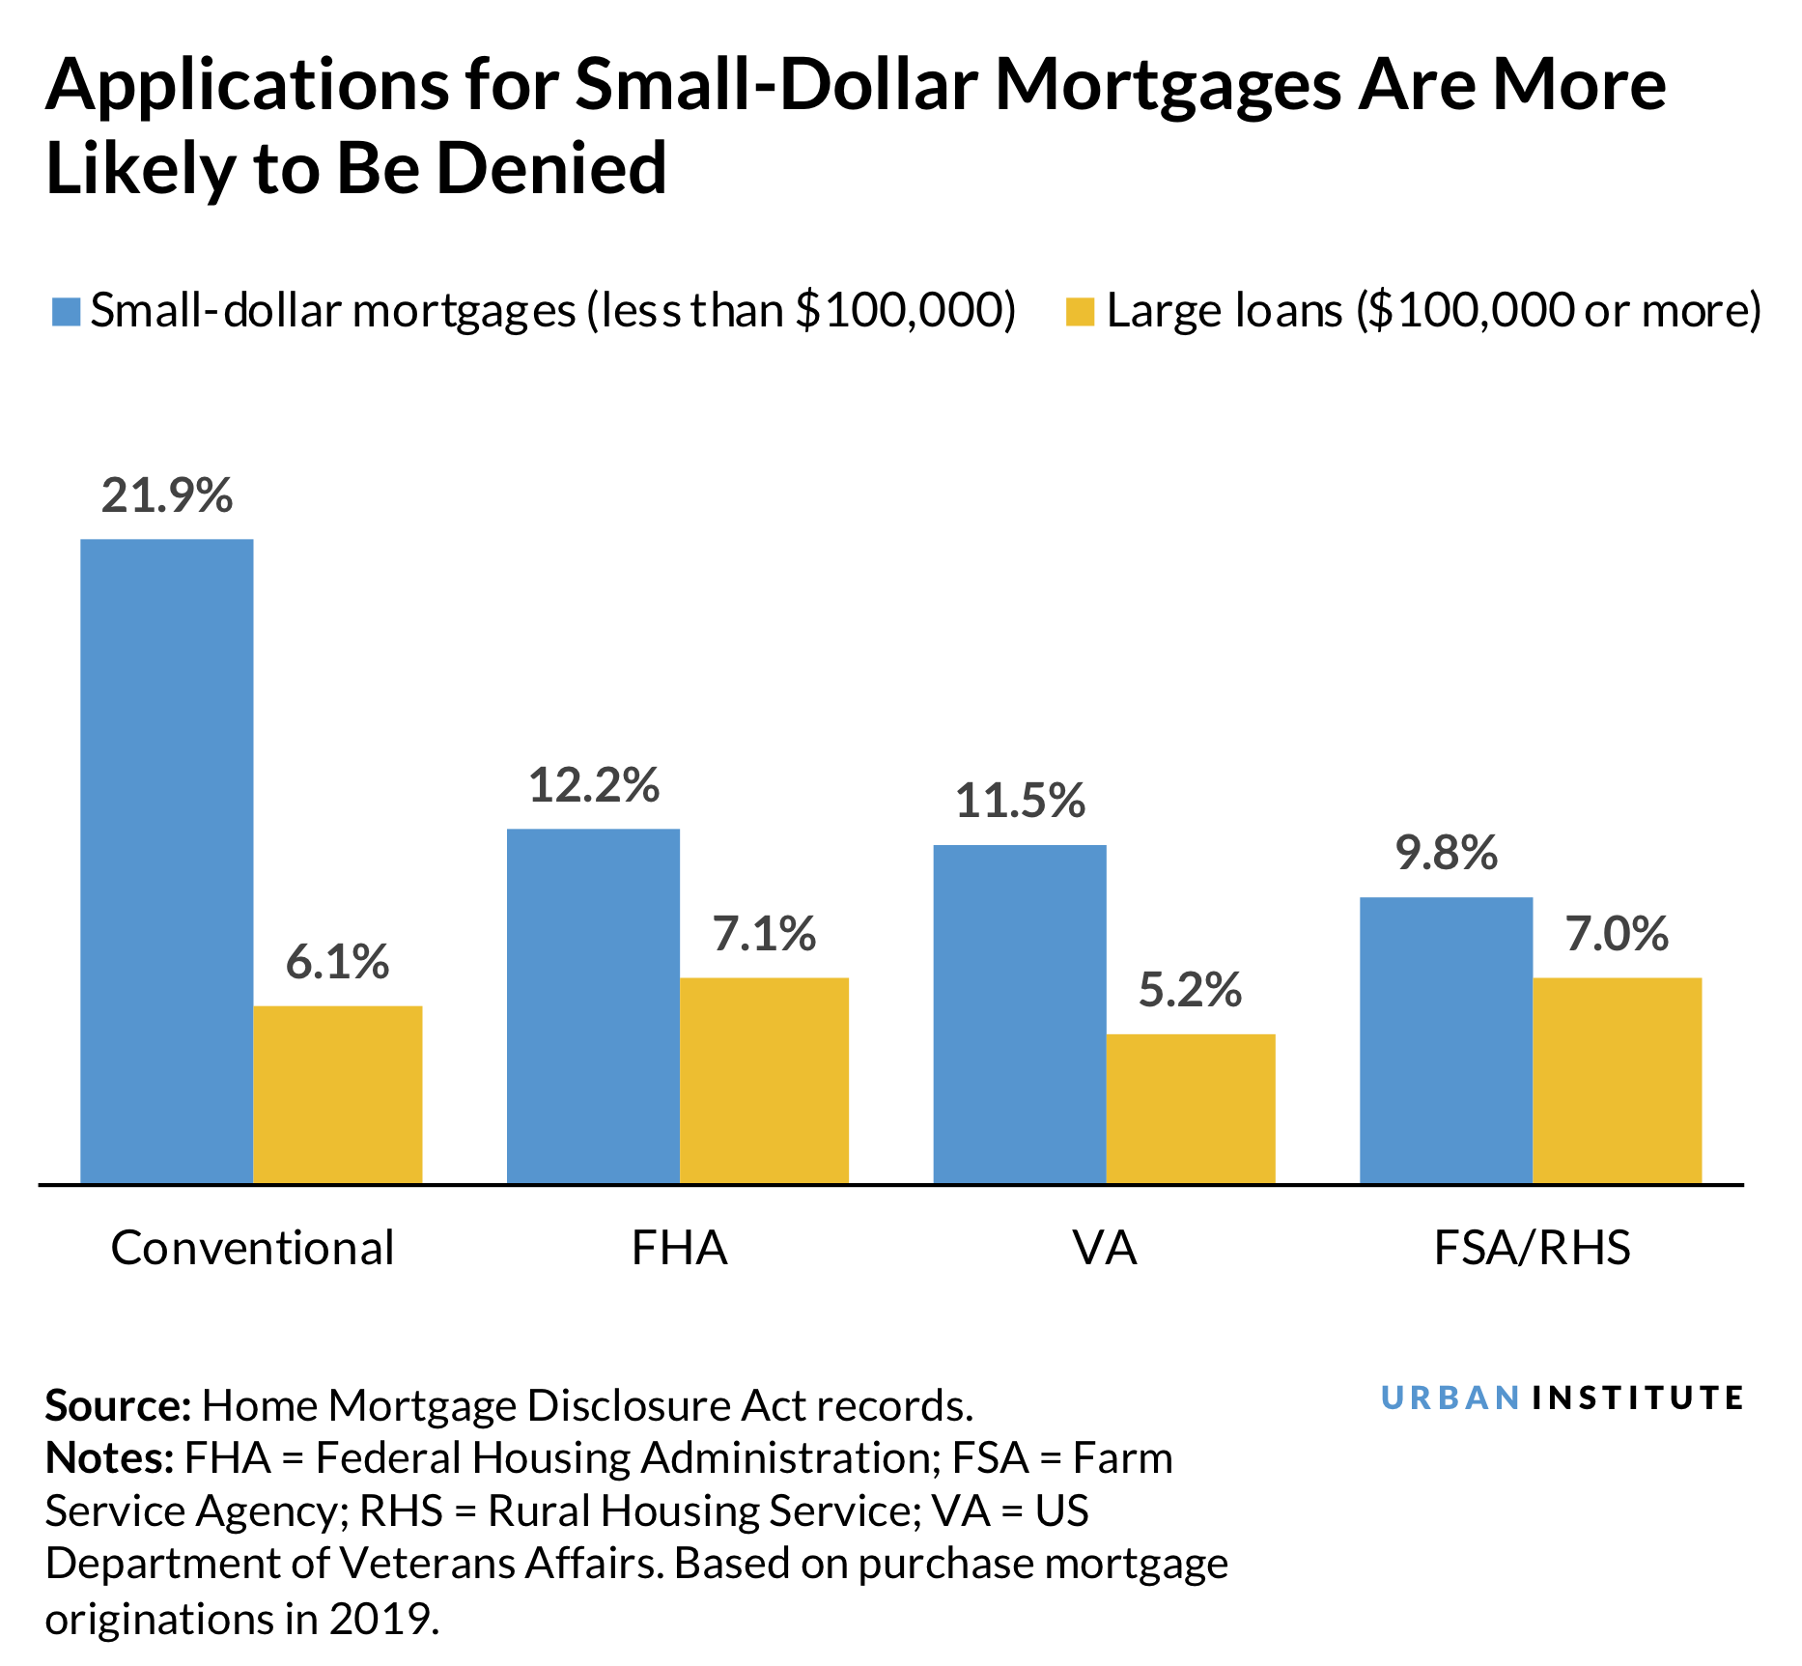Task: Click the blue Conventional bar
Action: (x=166, y=860)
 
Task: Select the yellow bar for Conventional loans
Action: (x=337, y=1093)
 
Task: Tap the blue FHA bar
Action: (x=593, y=1004)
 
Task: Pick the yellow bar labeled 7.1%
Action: (x=764, y=1080)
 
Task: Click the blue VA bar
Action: (x=1019, y=1013)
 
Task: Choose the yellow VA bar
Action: (x=1190, y=1108)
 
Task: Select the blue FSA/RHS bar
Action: (x=1446, y=1039)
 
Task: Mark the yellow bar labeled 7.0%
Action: (x=1617, y=1080)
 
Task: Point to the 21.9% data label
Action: (x=167, y=495)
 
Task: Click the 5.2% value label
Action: (x=1190, y=991)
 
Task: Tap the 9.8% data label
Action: (x=1446, y=854)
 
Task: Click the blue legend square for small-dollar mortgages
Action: (x=66, y=312)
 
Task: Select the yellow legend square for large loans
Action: (x=1080, y=312)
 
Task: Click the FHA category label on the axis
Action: (x=679, y=1248)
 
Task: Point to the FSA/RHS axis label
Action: (x=1532, y=1248)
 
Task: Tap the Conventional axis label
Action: (x=252, y=1248)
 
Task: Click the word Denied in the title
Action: (x=551, y=169)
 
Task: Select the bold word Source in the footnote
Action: (x=118, y=1406)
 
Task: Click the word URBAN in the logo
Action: (x=1450, y=1398)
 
